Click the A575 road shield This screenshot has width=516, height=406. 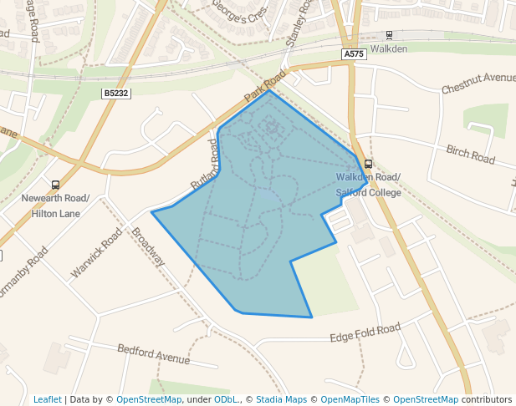[353, 53]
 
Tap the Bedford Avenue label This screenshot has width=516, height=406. [154, 353]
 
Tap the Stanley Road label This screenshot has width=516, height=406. [298, 25]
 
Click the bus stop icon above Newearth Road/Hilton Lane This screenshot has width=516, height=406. [55, 185]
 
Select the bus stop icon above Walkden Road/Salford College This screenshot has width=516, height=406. [369, 164]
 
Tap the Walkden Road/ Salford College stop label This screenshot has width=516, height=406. [368, 185]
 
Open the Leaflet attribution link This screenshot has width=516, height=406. [47, 399]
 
